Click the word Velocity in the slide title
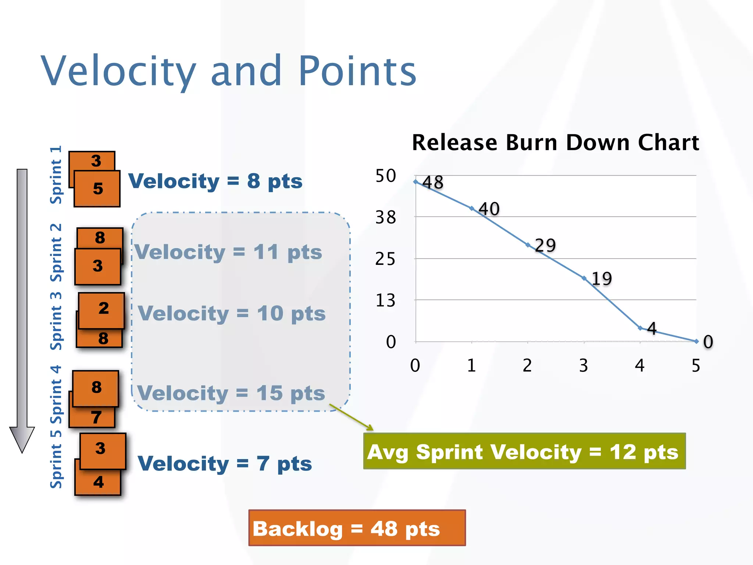coord(118,71)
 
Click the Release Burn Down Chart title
coord(555,143)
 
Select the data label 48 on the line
coord(433,182)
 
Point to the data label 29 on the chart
coord(545,245)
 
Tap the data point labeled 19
coord(584,278)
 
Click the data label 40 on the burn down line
coord(489,209)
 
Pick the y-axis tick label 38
coord(385,218)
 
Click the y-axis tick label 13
coord(385,301)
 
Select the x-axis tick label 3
coord(584,366)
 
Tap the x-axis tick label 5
coord(696,366)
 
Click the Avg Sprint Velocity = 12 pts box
coord(524,451)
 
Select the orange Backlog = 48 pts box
coord(357,528)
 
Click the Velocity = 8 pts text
coord(215,181)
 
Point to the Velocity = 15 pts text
coord(231,393)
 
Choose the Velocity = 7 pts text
coord(225,463)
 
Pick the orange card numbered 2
coord(102,309)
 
